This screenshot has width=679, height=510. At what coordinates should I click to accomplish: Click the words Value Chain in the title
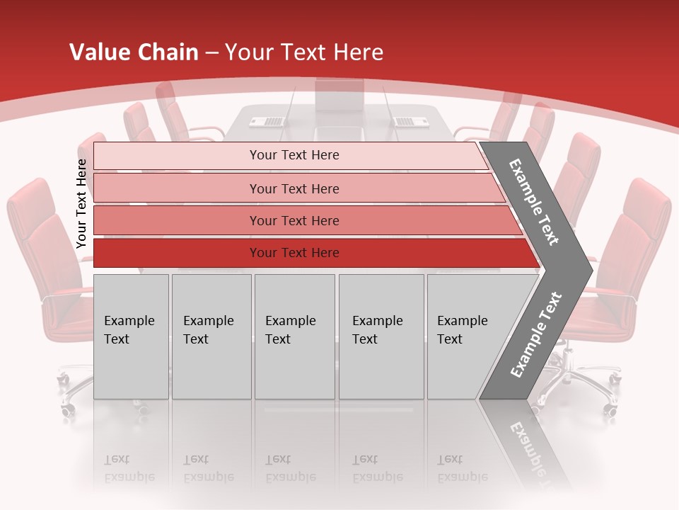(134, 52)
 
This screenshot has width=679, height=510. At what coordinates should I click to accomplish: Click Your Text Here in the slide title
(303, 52)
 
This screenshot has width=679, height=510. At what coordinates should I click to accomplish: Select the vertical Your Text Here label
(81, 203)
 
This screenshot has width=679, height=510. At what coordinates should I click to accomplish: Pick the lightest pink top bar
(294, 155)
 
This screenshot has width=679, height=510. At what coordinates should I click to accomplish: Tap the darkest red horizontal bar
(294, 253)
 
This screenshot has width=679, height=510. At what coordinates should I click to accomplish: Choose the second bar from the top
(294, 188)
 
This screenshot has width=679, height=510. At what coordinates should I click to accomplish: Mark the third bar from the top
(294, 221)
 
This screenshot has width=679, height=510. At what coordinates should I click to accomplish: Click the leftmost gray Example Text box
(131, 336)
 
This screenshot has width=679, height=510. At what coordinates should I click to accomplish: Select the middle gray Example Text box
(294, 336)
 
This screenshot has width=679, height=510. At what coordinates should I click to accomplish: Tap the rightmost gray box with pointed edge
(467, 336)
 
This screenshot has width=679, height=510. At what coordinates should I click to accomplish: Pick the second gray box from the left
(211, 336)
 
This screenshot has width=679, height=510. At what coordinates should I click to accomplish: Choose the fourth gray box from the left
(381, 336)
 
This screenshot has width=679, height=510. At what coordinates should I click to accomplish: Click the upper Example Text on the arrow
(535, 202)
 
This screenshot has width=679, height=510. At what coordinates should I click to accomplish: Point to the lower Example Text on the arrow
(536, 334)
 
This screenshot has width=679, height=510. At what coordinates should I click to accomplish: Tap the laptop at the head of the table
(339, 96)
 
